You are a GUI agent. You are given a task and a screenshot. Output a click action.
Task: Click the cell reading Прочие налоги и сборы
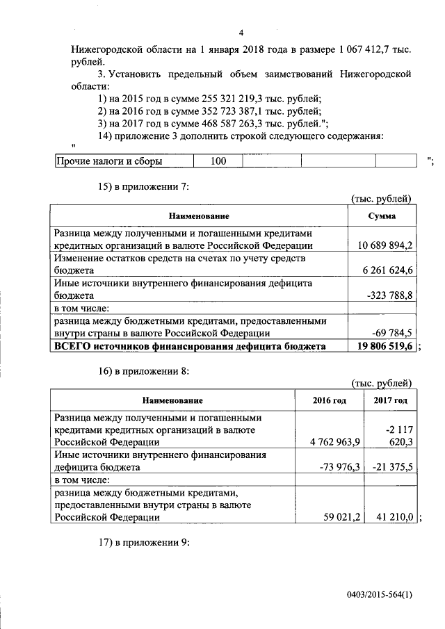tap(110, 161)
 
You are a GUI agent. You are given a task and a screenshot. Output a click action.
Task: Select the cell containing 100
tap(219, 161)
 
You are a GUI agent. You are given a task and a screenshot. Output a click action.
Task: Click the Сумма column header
tap(382, 216)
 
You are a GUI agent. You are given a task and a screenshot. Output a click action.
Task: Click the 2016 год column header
tap(330, 400)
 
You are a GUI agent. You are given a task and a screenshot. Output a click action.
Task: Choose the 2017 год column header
tap(390, 400)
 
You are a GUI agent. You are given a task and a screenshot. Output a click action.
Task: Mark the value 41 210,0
tap(395, 516)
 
